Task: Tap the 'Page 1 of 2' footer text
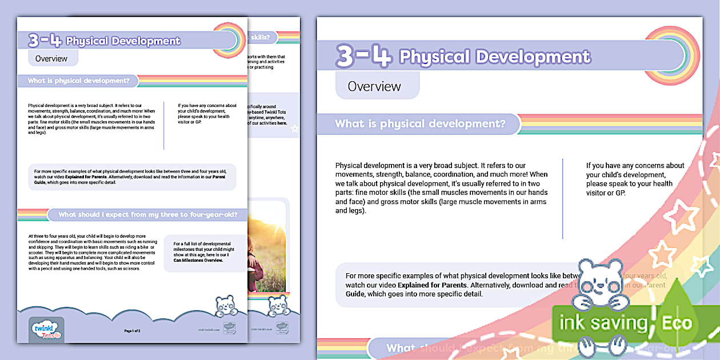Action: coord(132,331)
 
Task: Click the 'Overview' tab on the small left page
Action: coord(51,58)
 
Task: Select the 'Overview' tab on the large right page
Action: coord(374,86)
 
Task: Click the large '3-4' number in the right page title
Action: coord(363,56)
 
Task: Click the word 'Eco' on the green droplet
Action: coord(677,323)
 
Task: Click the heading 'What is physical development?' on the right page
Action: coord(420,123)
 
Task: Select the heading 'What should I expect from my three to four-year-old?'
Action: coord(152,215)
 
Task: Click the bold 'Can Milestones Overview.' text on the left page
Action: coord(198,260)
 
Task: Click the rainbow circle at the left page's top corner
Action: coord(229,40)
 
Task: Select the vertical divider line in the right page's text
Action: coord(562,198)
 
